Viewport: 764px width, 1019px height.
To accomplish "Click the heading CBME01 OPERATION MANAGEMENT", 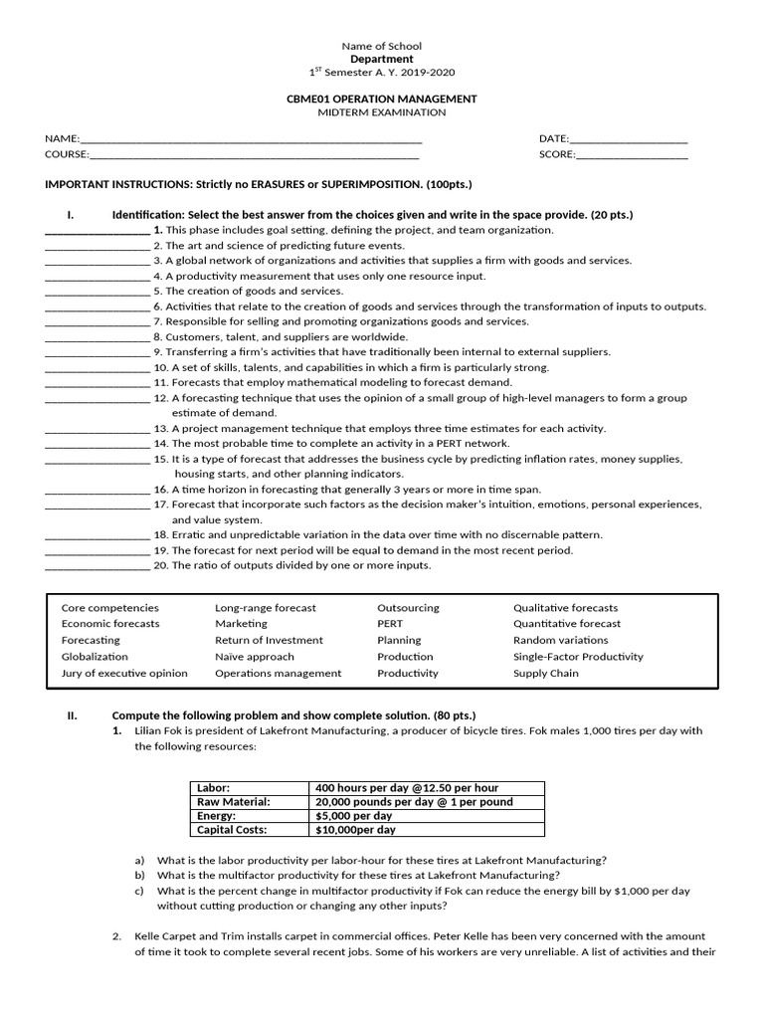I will [381, 99].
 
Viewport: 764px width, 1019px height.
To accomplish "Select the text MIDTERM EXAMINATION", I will [381, 112].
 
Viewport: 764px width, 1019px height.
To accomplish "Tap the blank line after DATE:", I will [628, 140].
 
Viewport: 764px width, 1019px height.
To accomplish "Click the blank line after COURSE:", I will [254, 155].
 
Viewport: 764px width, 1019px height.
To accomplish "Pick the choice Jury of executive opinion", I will [124, 673].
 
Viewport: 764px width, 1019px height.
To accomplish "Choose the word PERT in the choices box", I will [390, 624].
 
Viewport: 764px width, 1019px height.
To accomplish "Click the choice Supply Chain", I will [544, 673].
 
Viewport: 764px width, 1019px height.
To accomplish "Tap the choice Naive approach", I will [255, 657].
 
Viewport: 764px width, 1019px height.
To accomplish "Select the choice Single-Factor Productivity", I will [578, 657].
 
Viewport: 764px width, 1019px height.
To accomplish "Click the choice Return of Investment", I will [269, 640].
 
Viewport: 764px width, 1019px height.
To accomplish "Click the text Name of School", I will [381, 46].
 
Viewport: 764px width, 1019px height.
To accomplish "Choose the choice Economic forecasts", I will [110, 624].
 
